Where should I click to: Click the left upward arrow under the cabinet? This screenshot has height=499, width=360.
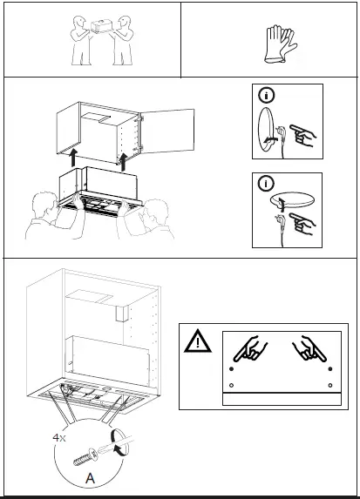click(x=74, y=158)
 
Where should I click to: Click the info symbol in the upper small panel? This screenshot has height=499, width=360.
click(x=264, y=94)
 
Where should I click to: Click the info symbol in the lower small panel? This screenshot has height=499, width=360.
click(x=264, y=185)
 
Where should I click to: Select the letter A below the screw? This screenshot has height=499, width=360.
click(x=89, y=478)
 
